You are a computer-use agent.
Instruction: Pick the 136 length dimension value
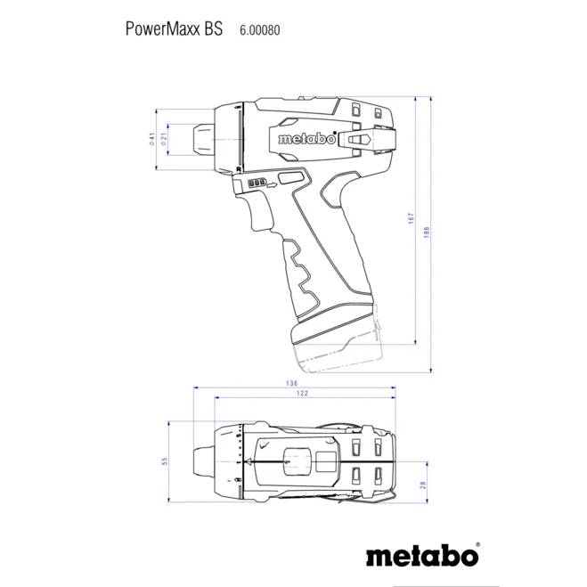pos(291,385)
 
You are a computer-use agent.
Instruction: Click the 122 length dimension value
pos(302,394)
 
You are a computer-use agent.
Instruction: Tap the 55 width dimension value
pos(165,461)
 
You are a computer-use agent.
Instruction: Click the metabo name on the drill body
pos(306,139)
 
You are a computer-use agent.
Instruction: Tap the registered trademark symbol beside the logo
pos(478,542)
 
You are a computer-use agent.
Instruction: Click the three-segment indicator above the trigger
pos(257,183)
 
